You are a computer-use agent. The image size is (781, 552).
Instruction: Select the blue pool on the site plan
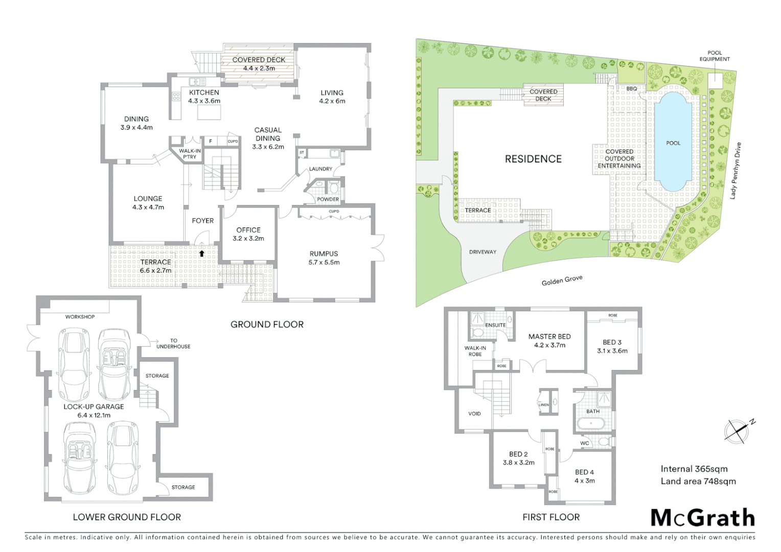[673, 143]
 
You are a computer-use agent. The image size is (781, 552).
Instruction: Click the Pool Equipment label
[715, 56]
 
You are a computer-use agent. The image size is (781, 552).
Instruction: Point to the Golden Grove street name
[562, 281]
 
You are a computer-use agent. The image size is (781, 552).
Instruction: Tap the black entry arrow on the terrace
[202, 253]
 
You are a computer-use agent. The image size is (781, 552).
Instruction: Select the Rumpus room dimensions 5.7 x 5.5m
[324, 262]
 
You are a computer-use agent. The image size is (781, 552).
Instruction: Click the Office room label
[248, 230]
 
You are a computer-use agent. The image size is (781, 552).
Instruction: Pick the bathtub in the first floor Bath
[592, 423]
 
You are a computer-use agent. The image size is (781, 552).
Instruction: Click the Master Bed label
[549, 336]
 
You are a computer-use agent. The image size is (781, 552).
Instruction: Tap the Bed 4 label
[584, 472]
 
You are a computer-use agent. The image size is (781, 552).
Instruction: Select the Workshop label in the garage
[80, 317]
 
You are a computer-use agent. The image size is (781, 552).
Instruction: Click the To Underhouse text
[173, 343]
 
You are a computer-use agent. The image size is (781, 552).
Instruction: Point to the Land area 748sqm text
[698, 481]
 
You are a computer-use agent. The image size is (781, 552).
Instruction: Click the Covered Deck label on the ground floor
[259, 60]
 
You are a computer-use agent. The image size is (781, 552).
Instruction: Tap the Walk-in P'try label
[190, 154]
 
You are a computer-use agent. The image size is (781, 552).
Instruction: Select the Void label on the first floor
[474, 413]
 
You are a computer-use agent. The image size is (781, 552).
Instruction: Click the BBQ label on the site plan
[631, 88]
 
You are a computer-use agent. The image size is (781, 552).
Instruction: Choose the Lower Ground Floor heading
[127, 517]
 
